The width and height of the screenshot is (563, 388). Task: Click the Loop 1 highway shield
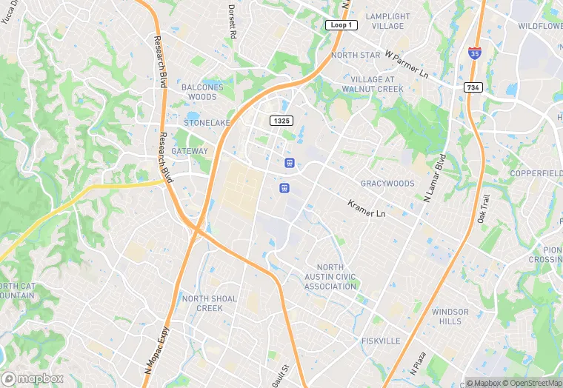click(342, 25)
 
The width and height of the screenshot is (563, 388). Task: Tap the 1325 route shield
click(281, 121)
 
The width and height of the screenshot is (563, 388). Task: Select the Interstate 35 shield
click(474, 52)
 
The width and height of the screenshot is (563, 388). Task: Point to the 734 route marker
click(474, 87)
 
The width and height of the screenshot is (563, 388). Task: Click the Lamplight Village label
click(388, 21)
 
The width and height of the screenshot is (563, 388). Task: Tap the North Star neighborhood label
click(356, 56)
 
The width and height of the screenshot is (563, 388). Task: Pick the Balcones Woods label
click(201, 92)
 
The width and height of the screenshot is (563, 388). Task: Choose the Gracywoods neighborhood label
click(387, 183)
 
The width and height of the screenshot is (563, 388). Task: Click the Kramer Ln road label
click(367, 208)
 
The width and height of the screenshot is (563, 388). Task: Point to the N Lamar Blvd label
click(433, 178)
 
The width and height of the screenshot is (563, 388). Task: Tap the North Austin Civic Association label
click(330, 277)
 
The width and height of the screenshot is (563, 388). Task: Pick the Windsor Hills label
click(450, 316)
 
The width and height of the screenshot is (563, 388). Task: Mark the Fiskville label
click(381, 341)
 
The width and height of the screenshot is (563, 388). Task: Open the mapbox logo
click(33, 378)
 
